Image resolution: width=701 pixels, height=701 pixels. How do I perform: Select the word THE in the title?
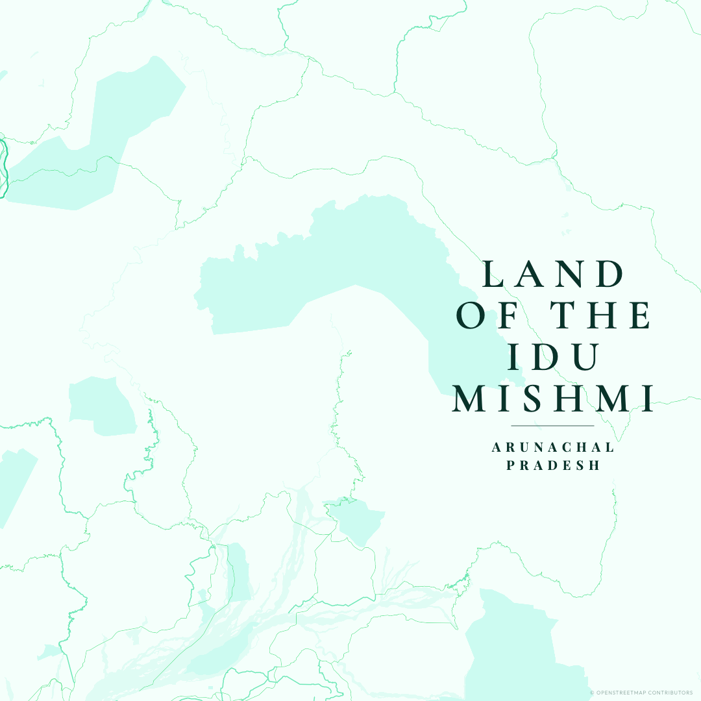click(x=596, y=315)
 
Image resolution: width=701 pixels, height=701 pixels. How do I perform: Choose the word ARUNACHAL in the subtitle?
click(x=553, y=447)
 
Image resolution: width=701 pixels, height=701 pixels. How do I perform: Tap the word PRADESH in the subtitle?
click(x=553, y=466)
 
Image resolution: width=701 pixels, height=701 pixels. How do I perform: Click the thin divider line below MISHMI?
click(x=553, y=426)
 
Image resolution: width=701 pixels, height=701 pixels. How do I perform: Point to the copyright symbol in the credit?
click(x=592, y=693)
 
